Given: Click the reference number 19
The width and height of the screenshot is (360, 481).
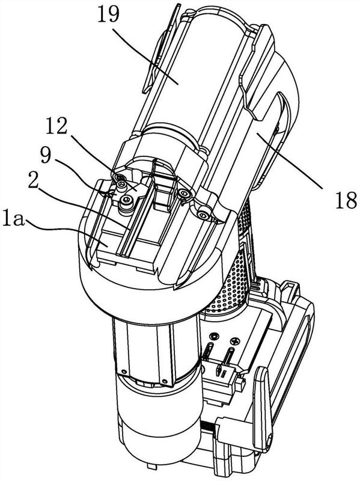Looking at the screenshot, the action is (108, 13).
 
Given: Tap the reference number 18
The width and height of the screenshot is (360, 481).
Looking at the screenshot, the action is (346, 200).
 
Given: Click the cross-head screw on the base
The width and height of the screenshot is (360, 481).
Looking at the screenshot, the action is (236, 340).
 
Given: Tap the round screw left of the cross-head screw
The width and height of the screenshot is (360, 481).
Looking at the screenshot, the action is (215, 336).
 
